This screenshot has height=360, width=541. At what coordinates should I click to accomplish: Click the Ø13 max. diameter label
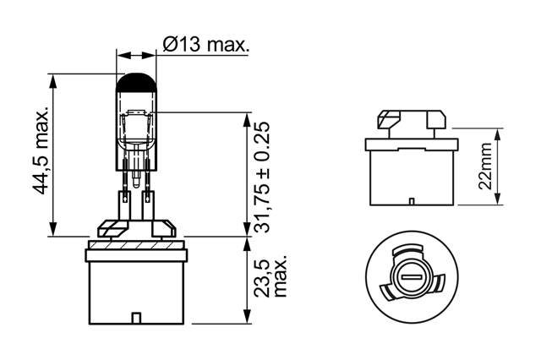(205, 45)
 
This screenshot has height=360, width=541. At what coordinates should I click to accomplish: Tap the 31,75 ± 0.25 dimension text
(261, 177)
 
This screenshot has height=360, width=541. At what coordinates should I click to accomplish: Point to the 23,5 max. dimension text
(270, 277)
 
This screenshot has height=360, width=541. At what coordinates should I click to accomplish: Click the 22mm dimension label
(485, 166)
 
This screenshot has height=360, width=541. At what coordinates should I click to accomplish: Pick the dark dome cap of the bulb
(136, 82)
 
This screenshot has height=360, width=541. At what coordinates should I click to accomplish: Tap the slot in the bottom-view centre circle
(412, 277)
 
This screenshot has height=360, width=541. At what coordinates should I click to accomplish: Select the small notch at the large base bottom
(136, 319)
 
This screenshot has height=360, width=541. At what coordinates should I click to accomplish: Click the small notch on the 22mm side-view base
(412, 202)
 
